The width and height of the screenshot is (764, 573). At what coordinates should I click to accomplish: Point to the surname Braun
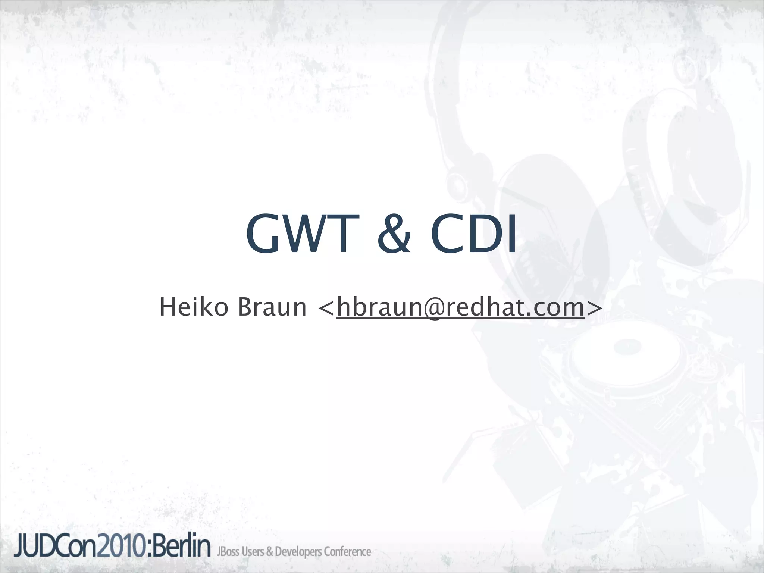click(x=272, y=307)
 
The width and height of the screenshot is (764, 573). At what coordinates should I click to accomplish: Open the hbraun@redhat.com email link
click(x=460, y=307)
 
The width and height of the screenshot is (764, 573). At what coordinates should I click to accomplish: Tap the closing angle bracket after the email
click(x=594, y=308)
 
